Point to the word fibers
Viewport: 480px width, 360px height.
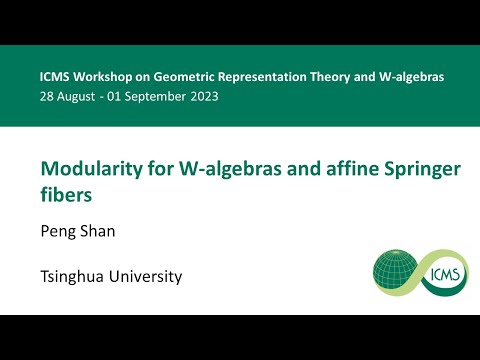coord(62,195)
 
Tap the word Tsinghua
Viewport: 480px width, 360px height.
coord(74,276)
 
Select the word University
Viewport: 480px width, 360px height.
coord(146,276)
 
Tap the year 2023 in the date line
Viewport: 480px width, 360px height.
coord(201,97)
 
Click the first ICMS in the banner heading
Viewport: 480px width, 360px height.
coord(55,77)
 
